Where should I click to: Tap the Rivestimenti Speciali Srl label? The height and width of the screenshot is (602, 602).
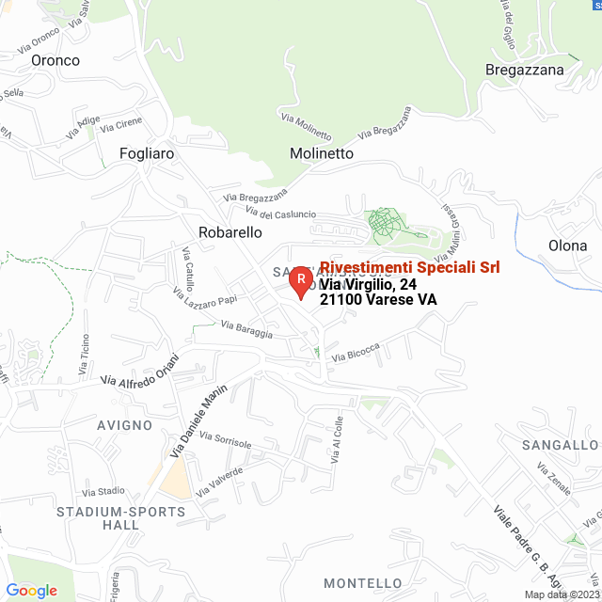(x=410, y=267)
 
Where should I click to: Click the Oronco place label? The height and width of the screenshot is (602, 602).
(x=55, y=60)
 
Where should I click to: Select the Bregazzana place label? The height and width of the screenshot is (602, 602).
(x=525, y=70)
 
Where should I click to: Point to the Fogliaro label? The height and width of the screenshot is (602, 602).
(x=148, y=152)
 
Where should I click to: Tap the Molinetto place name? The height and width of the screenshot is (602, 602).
(x=322, y=153)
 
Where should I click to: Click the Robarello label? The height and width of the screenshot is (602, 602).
(x=230, y=231)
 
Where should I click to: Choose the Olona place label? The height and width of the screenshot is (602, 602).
(x=568, y=246)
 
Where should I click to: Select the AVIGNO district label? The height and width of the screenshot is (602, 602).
(x=122, y=425)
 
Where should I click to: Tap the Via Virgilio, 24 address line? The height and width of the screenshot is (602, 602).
(x=368, y=284)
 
